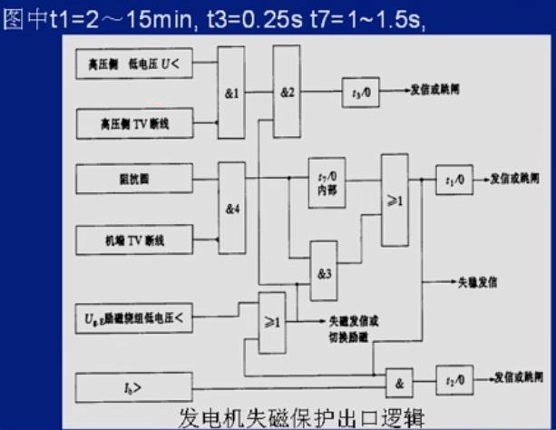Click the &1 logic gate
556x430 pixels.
[x=230, y=93]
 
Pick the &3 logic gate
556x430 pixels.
[x=324, y=271]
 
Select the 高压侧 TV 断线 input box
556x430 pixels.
[x=134, y=121]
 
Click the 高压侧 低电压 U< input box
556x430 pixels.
[x=134, y=64]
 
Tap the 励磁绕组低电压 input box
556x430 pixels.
[x=134, y=318]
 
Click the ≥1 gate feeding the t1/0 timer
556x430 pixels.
[x=395, y=200]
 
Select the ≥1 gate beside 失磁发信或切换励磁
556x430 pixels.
[x=272, y=320]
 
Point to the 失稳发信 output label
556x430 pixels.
[x=476, y=282]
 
